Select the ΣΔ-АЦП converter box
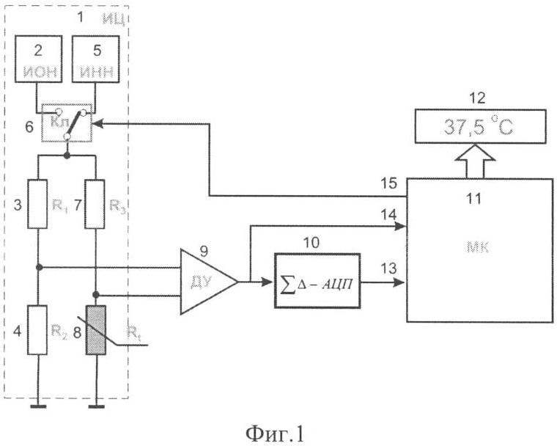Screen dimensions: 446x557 [x=317, y=282]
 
